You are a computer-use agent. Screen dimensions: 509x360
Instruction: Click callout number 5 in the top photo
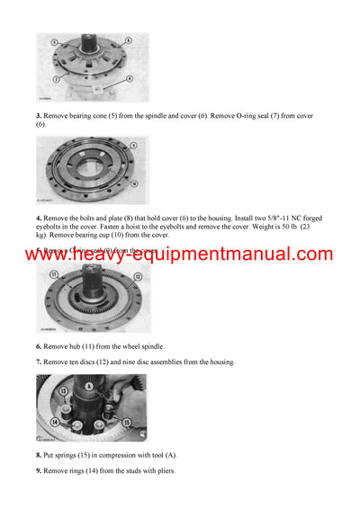[54, 42]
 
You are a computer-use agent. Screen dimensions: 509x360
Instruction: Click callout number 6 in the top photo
[128, 40]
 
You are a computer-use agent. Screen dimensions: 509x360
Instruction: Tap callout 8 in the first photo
[130, 78]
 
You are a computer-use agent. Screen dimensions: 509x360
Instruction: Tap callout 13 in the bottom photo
[63, 391]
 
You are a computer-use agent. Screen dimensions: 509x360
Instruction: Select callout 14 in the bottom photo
[55, 421]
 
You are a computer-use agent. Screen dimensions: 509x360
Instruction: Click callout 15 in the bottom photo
[125, 422]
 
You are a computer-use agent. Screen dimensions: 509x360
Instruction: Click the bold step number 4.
[39, 219]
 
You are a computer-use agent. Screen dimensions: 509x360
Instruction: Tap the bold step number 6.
[39, 346]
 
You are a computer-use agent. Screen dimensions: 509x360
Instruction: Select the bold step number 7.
[39, 362]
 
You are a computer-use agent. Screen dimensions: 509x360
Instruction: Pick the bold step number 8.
[39, 456]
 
